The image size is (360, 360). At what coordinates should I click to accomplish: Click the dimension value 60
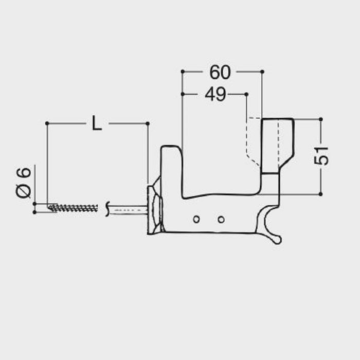pyautogui.click(x=220, y=73)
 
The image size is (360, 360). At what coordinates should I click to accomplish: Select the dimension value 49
pyautogui.click(x=215, y=94)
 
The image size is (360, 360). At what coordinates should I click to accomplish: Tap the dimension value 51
pyautogui.click(x=321, y=156)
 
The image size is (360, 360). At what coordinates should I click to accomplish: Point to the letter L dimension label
pyautogui.click(x=97, y=123)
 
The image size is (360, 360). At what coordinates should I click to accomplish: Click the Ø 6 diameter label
pyautogui.click(x=24, y=183)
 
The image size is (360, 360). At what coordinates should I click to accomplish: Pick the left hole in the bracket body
pyautogui.click(x=196, y=219)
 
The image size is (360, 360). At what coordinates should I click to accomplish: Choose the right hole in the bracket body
pyautogui.click(x=221, y=220)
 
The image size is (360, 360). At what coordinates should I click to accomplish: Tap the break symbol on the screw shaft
pyautogui.click(x=107, y=209)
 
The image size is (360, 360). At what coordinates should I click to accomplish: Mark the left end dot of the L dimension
pyautogui.click(x=47, y=123)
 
